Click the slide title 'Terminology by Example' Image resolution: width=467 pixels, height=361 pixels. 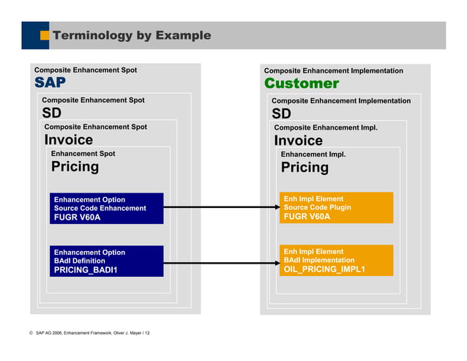pyautogui.click(x=132, y=35)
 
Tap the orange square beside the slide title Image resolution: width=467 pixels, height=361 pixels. pyautogui.click(x=45, y=35)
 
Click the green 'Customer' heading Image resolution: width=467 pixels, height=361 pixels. pyautogui.click(x=301, y=83)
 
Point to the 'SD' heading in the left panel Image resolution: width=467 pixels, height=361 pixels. pyautogui.click(x=51, y=113)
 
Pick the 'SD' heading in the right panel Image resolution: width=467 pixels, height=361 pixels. pyautogui.click(x=281, y=113)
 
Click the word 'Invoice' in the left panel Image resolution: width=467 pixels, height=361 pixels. pyautogui.click(x=69, y=140)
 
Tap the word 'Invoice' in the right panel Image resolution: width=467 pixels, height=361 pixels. pyautogui.click(x=298, y=141)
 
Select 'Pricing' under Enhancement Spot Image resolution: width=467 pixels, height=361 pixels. pyautogui.click(x=75, y=166)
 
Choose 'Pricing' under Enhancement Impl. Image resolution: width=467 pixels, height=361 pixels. pyautogui.click(x=305, y=167)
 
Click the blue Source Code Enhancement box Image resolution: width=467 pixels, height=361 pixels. pyautogui.click(x=106, y=208)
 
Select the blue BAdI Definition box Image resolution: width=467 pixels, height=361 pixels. pyautogui.click(x=106, y=261)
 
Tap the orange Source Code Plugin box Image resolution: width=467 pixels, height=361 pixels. pyautogui.click(x=336, y=207)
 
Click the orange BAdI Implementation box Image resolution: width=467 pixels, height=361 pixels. pyautogui.click(x=336, y=260)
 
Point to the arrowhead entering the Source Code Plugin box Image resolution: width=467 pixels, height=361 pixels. pyautogui.click(x=274, y=208)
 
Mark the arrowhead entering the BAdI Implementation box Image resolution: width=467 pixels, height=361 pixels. pyautogui.click(x=274, y=261)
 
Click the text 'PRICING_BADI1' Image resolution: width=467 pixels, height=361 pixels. pyautogui.click(x=86, y=269)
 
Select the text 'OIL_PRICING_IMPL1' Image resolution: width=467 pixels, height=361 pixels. pyautogui.click(x=324, y=269)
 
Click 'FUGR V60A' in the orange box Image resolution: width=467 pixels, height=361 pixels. pyautogui.click(x=307, y=216)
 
